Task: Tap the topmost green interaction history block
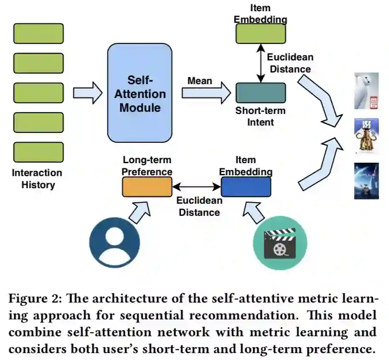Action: (x=38, y=33)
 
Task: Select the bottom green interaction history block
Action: (x=38, y=152)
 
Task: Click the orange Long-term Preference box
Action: (x=147, y=186)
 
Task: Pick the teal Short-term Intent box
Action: (x=260, y=93)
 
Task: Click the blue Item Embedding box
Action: (x=246, y=186)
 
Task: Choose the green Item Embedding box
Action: (x=260, y=33)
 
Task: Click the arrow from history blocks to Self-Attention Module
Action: (x=88, y=93)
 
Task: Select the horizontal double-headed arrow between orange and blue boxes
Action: (x=196, y=187)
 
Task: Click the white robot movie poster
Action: (x=366, y=91)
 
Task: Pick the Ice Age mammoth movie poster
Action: (x=366, y=136)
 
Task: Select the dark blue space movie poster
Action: (x=366, y=181)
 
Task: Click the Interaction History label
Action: (x=37, y=179)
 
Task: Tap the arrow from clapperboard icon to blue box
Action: (x=255, y=212)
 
